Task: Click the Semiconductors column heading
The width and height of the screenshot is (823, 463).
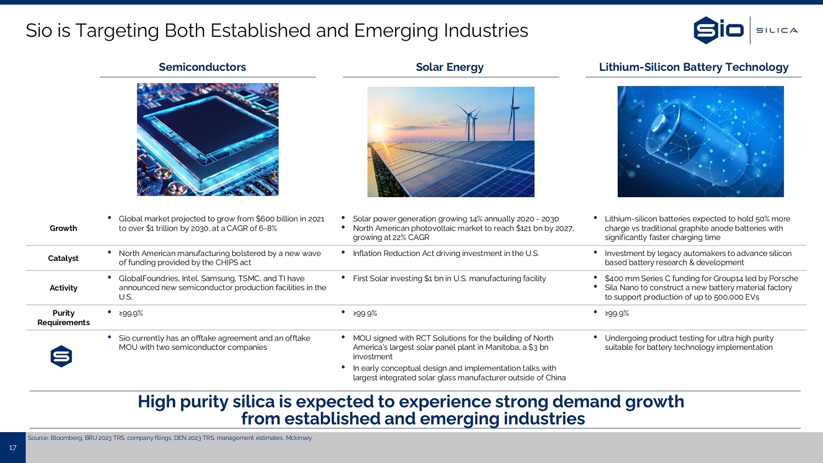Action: coord(202,67)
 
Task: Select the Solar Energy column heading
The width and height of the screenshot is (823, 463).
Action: coord(449,67)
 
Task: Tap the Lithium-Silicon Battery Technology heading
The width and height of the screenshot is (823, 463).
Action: coord(694,67)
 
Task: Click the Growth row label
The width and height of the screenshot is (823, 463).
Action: coord(63,228)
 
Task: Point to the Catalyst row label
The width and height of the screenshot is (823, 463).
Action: coord(63,258)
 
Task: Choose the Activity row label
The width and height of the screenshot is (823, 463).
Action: coord(63,288)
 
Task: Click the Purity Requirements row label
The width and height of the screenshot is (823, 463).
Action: coord(63,317)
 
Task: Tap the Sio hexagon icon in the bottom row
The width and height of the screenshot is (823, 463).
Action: coord(61,356)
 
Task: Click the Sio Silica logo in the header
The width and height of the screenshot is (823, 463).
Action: coord(745,30)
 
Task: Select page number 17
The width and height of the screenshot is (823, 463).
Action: coord(13,448)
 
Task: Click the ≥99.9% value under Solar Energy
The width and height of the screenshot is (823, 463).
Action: coord(365,313)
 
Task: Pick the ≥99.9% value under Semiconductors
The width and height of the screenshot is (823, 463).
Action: coord(131,313)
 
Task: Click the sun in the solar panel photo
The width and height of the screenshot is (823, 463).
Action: coord(377,129)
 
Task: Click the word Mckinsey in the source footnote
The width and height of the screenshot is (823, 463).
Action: coord(298,438)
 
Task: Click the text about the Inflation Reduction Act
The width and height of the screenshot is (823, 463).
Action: coord(446,253)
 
